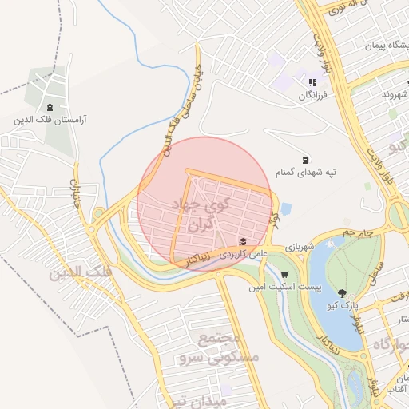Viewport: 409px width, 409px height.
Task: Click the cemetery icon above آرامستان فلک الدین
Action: (x=50, y=108)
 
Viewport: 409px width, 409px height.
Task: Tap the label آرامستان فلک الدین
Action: (x=50, y=121)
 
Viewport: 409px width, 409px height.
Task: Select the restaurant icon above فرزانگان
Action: (x=313, y=82)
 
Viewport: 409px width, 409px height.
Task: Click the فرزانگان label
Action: (x=313, y=95)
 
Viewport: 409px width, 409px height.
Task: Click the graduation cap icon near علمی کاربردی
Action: (x=242, y=242)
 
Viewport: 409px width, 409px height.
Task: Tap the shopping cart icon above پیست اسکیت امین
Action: (x=285, y=274)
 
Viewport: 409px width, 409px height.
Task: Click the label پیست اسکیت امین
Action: (x=284, y=286)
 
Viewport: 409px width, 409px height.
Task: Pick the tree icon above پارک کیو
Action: (x=343, y=293)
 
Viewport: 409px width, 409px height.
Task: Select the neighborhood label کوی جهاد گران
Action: (x=200, y=214)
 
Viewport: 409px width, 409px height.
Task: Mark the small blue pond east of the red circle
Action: (x=287, y=208)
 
